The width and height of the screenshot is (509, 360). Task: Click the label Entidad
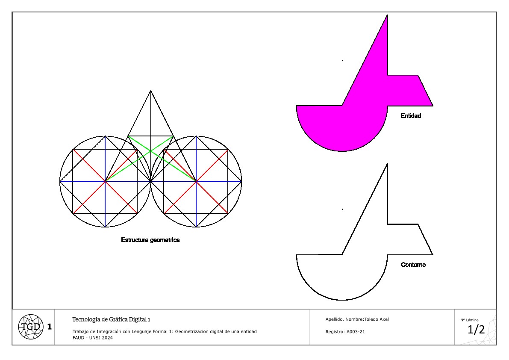click(411, 116)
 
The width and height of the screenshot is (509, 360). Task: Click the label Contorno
click(413, 265)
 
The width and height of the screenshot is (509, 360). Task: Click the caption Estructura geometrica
click(150, 240)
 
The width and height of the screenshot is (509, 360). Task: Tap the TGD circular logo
click(31, 327)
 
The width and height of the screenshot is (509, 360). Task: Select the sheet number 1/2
click(476, 330)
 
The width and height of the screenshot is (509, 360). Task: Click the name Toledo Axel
click(377, 319)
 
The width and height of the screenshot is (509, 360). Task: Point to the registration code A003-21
click(356, 331)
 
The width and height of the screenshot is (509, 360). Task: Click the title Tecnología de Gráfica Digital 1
click(111, 319)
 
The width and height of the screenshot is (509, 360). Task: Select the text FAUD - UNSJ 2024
click(92, 338)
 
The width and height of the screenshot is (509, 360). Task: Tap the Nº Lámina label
click(469, 320)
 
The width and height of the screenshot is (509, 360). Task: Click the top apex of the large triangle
click(150, 91)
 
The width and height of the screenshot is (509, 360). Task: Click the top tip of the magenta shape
click(387, 15)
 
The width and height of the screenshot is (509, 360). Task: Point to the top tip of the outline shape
click(387, 164)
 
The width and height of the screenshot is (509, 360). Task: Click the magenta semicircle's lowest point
click(342, 151)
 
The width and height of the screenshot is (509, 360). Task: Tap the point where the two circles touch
click(150, 181)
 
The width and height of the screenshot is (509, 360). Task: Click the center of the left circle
click(105, 181)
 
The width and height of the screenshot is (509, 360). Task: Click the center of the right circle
click(196, 181)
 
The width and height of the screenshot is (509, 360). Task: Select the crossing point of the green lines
click(150, 151)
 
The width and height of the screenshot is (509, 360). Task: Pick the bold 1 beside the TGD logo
click(49, 327)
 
